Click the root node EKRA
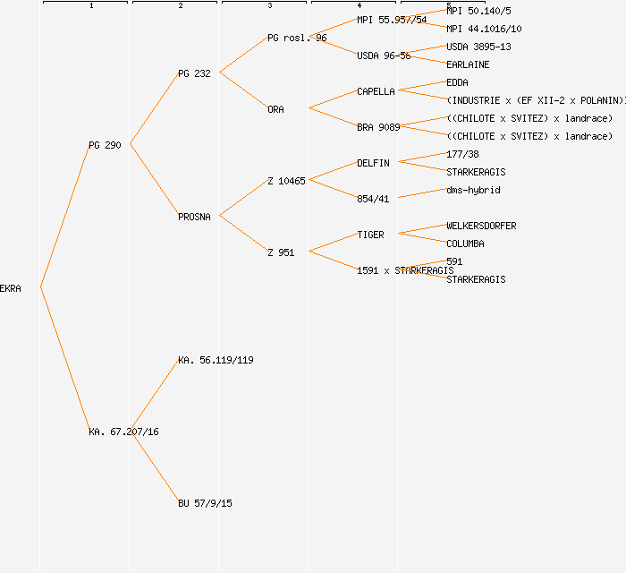click(x=11, y=288)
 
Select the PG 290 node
click(x=105, y=145)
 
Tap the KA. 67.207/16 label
click(x=123, y=432)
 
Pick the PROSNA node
click(x=194, y=217)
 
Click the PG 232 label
click(x=194, y=73)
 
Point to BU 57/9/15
click(x=205, y=503)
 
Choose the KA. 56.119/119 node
click(x=216, y=360)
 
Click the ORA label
click(x=275, y=109)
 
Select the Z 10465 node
click(x=286, y=181)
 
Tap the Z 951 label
click(x=281, y=252)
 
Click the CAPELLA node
click(x=376, y=91)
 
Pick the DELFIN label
click(x=373, y=163)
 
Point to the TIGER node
click(x=370, y=235)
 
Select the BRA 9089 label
click(x=378, y=127)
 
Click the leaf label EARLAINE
click(x=468, y=64)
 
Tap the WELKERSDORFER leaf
click(x=481, y=226)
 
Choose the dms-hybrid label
click(x=473, y=190)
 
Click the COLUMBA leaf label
click(x=465, y=244)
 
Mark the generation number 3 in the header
click(x=269, y=6)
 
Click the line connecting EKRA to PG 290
click(x=64, y=217)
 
